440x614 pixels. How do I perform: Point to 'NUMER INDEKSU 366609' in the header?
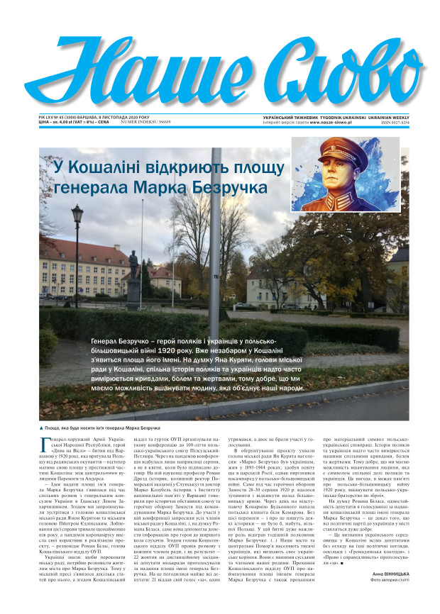[x=147, y=122]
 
